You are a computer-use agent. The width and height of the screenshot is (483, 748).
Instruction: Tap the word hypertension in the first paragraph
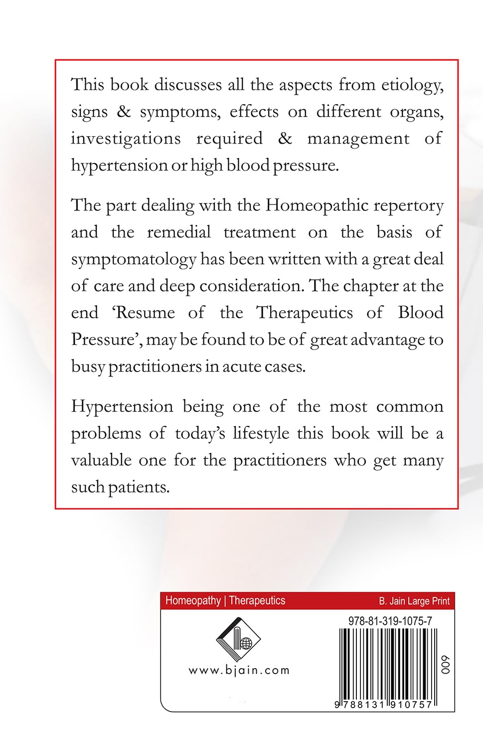coord(119,166)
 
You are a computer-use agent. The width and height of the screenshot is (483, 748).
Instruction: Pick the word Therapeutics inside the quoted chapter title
coord(304,313)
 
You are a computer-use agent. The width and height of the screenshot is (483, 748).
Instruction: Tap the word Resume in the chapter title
coord(145,313)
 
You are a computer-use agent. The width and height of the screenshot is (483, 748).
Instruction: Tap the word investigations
coord(126,139)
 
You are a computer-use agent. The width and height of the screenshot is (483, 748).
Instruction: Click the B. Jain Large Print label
coord(414,601)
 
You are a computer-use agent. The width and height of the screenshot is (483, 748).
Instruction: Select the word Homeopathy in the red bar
coord(192,600)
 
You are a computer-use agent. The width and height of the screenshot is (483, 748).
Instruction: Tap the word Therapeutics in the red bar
coord(257,600)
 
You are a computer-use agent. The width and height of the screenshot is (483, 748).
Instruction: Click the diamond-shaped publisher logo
coord(238,640)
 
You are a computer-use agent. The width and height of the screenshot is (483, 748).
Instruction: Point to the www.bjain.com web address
coord(239,671)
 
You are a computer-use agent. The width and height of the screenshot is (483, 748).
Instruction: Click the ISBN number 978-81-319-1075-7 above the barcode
coord(390,621)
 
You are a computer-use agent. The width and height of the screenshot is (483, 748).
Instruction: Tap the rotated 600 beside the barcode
coord(445,665)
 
